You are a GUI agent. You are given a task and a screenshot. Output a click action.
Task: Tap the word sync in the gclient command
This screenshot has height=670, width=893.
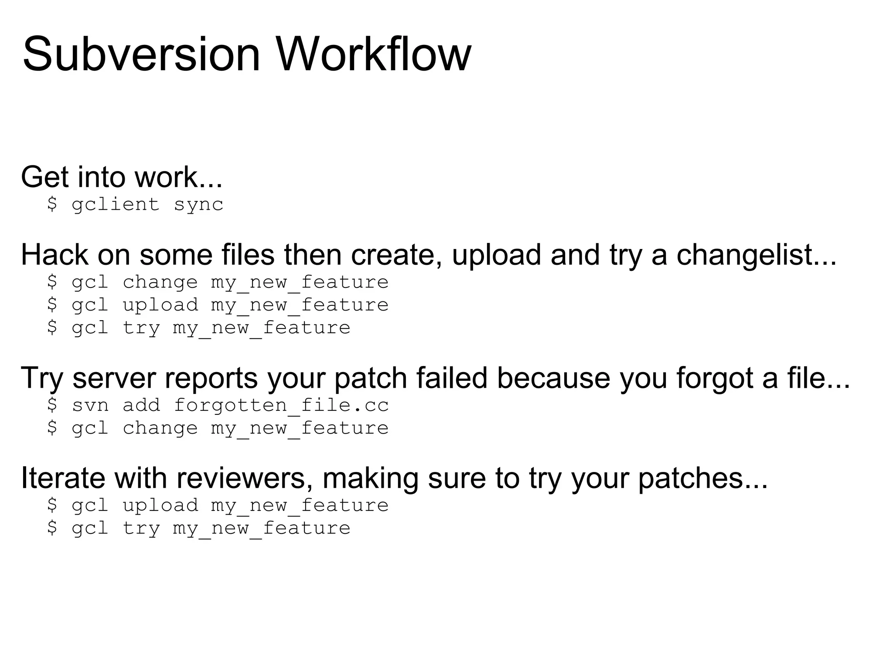coord(199,205)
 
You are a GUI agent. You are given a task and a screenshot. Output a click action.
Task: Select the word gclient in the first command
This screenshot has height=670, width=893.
coord(116,205)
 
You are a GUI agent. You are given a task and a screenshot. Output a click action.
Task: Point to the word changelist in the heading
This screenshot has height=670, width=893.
coord(757,255)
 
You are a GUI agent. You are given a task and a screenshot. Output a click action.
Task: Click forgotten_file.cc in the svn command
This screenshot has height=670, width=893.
coord(281,405)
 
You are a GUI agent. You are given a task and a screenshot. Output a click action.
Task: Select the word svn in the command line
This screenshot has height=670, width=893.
coord(90,405)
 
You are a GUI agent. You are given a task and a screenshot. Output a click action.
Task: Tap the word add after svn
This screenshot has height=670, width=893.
coord(141,405)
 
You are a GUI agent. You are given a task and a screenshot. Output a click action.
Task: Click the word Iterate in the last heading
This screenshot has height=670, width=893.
coord(63,478)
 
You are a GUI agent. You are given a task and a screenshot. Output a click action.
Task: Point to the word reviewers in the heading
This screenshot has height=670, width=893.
coord(244,478)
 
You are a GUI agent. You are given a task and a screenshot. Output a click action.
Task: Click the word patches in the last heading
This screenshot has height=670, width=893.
coord(702,478)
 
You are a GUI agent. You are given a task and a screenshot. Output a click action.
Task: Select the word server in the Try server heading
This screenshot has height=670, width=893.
coord(114,378)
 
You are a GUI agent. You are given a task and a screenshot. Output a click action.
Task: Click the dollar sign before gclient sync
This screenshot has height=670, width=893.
coord(52,204)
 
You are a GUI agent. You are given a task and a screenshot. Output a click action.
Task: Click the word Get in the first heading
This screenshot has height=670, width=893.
coord(44,177)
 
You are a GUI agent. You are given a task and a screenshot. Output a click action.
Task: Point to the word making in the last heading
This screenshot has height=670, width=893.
coord(370,478)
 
